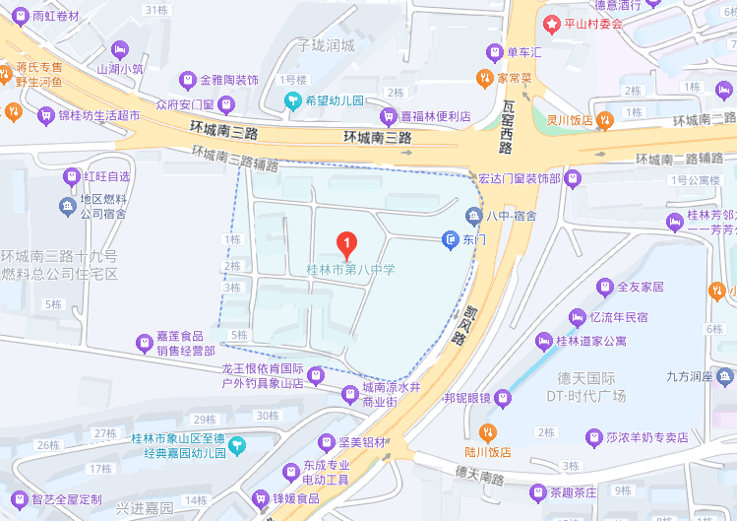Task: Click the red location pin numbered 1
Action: click(x=345, y=241)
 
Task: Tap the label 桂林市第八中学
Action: click(x=350, y=268)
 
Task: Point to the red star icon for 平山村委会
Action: click(x=554, y=23)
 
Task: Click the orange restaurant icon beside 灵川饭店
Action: click(x=607, y=120)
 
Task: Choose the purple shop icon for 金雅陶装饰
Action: click(x=187, y=79)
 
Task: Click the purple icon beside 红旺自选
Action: click(x=71, y=176)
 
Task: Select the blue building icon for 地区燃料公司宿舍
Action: click(x=67, y=205)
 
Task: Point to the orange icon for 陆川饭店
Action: click(x=486, y=432)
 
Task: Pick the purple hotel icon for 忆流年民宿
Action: click(x=577, y=317)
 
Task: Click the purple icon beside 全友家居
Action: click(x=605, y=287)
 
